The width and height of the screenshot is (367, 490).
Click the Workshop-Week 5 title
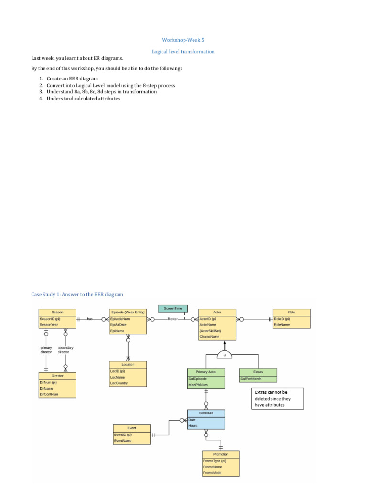click(x=183, y=41)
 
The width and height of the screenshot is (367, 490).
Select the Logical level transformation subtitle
click(x=183, y=52)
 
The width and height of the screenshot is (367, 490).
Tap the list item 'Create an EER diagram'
click(x=72, y=78)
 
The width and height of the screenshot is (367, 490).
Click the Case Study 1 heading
click(x=77, y=294)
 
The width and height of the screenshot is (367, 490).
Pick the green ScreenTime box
click(x=173, y=309)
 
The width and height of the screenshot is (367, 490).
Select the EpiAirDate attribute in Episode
click(x=119, y=325)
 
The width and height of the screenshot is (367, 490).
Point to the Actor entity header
click(x=217, y=312)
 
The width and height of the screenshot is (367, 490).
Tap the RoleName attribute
click(x=282, y=325)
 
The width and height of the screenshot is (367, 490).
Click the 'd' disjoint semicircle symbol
click(x=224, y=355)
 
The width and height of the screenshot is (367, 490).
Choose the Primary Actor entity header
click(x=206, y=372)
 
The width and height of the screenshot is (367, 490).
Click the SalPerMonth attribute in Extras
click(x=251, y=379)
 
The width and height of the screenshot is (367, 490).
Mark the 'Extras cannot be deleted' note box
click(x=278, y=399)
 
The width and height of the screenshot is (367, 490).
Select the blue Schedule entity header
click(x=206, y=413)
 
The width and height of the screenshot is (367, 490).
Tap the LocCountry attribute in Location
click(x=119, y=383)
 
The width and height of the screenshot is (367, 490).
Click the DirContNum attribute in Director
click(x=49, y=394)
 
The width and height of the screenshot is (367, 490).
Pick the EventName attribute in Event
click(x=123, y=441)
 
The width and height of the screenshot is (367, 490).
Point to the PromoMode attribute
click(x=212, y=473)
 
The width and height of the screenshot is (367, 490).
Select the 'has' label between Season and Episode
click(x=90, y=319)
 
